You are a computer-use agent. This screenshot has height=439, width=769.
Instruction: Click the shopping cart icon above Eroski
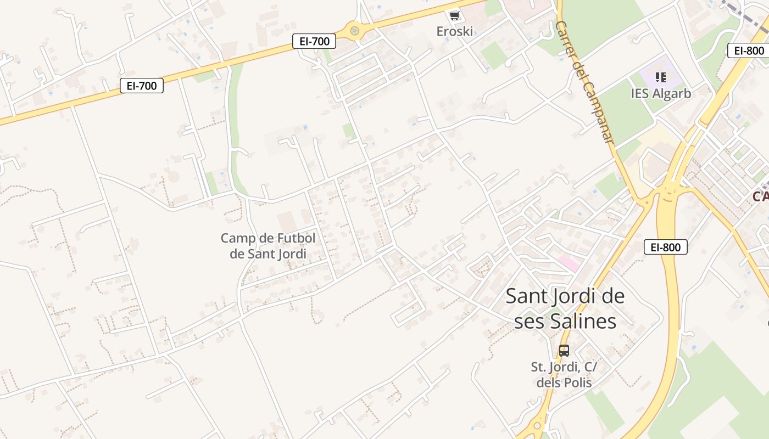tap(454, 15)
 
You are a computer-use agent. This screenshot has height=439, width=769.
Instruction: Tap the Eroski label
tap(454, 31)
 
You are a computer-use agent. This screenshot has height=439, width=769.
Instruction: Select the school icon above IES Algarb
tap(661, 77)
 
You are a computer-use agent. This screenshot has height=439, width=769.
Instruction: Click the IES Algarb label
tap(661, 93)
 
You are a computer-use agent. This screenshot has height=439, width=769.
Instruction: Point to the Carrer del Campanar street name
tap(585, 82)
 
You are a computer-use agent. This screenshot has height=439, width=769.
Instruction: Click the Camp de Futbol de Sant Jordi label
tap(268, 246)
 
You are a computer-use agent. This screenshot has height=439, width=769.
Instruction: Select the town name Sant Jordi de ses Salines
tap(565, 308)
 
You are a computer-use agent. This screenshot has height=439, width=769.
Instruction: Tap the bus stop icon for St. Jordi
tap(564, 350)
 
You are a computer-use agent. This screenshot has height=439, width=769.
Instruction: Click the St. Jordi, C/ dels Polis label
tap(564, 375)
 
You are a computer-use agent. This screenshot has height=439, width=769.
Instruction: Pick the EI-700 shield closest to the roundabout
tap(314, 41)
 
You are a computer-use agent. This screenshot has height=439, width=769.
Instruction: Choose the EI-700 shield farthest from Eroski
tap(142, 86)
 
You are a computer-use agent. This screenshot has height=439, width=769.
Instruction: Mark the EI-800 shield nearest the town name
tap(666, 247)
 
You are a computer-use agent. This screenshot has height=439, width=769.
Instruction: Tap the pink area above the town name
tap(569, 264)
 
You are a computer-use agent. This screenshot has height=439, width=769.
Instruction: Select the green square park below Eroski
tap(493, 55)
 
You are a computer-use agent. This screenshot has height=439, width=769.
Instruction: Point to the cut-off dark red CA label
tap(761, 196)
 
